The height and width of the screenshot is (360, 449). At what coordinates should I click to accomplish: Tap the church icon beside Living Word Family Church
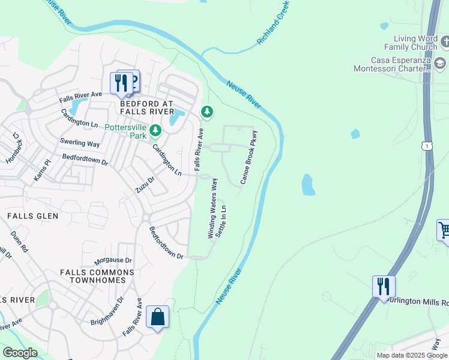click(445, 42)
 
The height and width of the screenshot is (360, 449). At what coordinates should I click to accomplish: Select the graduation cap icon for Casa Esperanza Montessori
click(440, 63)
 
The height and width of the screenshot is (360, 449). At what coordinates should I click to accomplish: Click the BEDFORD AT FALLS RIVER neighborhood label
click(147, 107)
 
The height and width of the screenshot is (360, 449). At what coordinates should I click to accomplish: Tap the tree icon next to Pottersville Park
click(155, 130)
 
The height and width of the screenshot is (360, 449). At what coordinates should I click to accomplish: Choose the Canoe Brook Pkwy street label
click(249, 157)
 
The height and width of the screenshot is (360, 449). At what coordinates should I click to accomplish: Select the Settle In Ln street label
click(221, 221)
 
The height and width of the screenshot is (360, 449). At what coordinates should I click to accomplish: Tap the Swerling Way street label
click(80, 143)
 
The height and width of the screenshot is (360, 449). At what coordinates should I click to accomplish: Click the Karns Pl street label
click(41, 170)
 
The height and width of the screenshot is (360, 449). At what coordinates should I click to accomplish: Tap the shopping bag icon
click(157, 317)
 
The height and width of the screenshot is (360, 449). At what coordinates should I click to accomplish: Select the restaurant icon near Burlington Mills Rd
click(384, 286)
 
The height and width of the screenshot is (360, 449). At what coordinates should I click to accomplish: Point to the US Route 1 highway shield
click(426, 146)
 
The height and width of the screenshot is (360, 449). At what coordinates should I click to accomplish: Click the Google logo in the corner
click(20, 353)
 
